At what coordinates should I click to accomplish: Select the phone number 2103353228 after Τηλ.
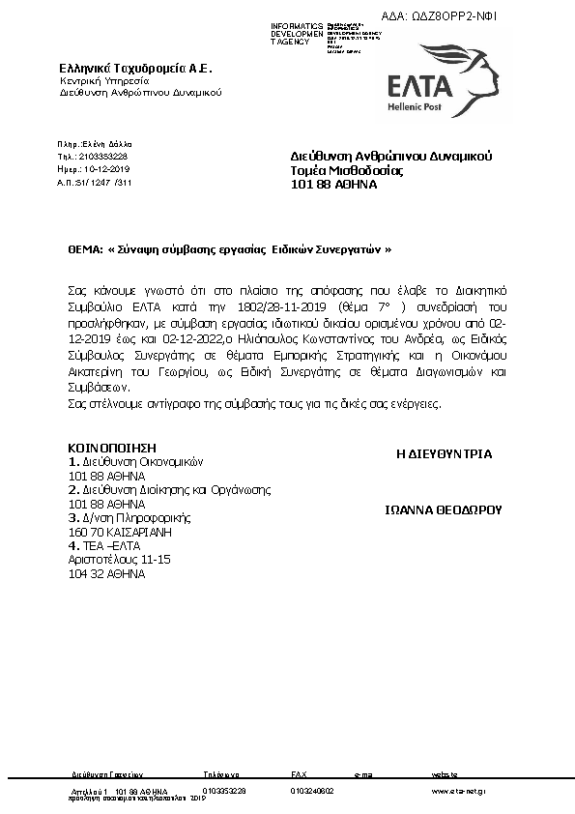point(106,156)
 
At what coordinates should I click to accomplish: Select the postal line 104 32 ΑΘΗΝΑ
point(106,572)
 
